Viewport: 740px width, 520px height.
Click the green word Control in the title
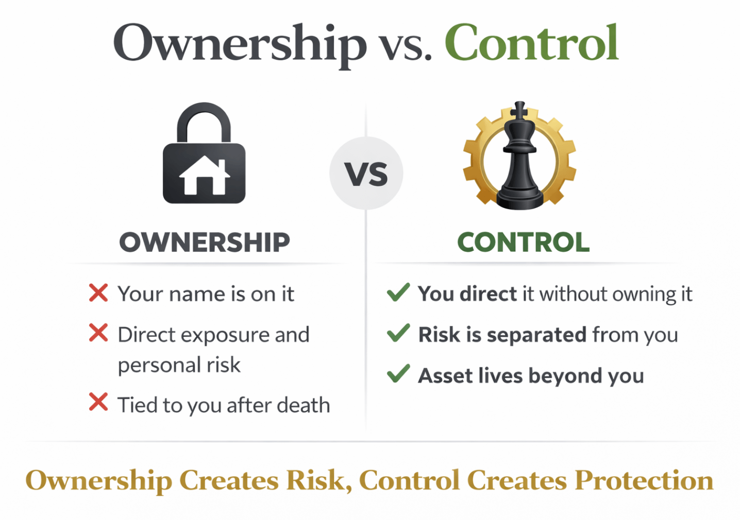point(531,42)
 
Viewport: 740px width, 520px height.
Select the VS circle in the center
point(366,173)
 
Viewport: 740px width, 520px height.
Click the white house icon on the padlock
point(204,176)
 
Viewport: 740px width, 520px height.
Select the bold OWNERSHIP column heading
point(205,242)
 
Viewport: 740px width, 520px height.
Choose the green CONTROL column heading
point(523,242)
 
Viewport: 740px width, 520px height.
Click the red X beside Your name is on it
point(98,292)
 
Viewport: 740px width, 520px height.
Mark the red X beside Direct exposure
point(98,333)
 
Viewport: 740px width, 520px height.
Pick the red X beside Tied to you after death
point(98,402)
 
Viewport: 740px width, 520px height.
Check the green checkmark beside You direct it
point(398,292)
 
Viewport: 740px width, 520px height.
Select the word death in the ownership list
point(304,405)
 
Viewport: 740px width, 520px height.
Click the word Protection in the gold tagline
point(644,480)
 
